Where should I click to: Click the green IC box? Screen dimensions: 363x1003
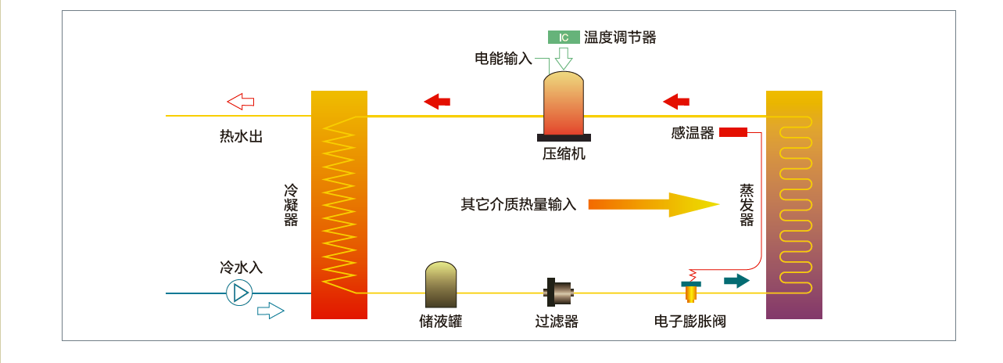(x=564, y=37)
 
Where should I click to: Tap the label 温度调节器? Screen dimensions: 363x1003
(x=620, y=37)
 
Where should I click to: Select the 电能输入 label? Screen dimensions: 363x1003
(x=503, y=59)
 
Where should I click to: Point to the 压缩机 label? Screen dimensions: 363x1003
(x=564, y=154)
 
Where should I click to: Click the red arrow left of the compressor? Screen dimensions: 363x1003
(x=437, y=101)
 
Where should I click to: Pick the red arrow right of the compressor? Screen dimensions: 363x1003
(x=676, y=101)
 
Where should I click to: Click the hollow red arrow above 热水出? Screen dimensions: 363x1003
(x=241, y=101)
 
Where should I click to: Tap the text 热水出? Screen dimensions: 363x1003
(x=241, y=137)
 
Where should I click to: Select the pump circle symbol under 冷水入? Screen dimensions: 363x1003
(x=239, y=293)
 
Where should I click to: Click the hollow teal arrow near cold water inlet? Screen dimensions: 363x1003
(x=270, y=311)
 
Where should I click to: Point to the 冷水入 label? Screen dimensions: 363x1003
(x=241, y=268)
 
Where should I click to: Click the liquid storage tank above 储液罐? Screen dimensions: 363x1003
(x=441, y=285)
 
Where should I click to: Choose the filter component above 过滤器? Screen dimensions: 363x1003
(x=558, y=293)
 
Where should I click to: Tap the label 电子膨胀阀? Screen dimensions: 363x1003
(x=690, y=322)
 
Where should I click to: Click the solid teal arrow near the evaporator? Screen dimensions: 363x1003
(x=736, y=281)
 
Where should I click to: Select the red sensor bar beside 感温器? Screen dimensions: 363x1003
(x=733, y=132)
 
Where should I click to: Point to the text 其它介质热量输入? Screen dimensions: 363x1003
(x=518, y=204)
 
